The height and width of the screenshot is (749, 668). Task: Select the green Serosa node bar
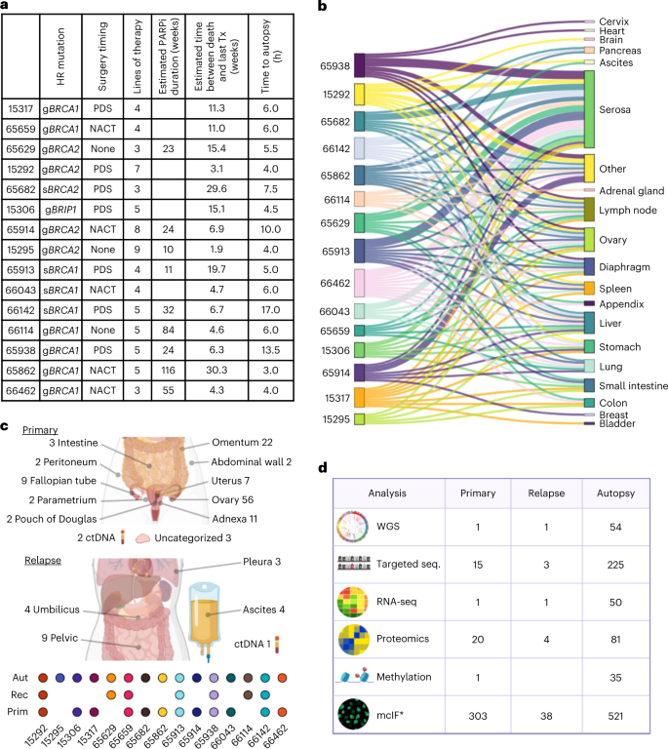pos(589,108)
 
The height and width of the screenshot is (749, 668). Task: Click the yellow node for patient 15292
pos(359,95)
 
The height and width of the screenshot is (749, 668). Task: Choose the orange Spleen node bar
pos(589,289)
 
